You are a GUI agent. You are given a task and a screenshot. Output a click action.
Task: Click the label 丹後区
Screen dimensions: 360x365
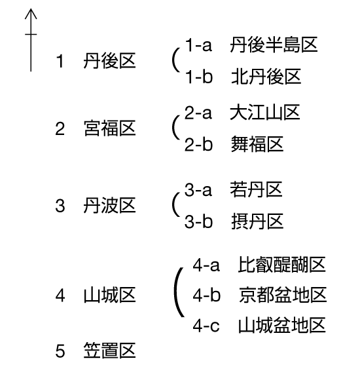coord(109,61)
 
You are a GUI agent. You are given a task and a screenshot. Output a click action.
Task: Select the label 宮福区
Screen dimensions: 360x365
coord(109,128)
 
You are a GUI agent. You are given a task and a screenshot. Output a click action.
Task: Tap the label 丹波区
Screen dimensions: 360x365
coord(109,206)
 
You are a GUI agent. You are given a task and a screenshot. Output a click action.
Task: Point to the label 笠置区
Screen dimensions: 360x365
coord(109,351)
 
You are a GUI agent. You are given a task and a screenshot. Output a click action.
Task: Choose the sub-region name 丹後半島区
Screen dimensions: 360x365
coord(274,45)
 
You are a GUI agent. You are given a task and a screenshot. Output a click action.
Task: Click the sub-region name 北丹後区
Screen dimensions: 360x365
coord(266,77)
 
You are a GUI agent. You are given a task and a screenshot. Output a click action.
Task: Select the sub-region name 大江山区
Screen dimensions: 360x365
coord(265,112)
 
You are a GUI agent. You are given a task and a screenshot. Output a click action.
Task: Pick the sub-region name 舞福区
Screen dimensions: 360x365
coord(257,144)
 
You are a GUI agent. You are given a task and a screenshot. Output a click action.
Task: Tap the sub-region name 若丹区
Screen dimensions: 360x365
coord(256,189)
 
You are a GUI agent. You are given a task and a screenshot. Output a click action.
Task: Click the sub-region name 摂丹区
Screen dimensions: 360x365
coord(257,221)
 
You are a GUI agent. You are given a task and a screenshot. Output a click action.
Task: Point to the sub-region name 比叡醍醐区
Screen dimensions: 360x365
coord(282,265)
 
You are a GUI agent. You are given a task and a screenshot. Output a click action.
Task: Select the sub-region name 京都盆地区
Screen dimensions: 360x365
coord(283,295)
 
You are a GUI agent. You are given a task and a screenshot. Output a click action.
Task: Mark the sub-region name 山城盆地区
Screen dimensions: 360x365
coord(282,325)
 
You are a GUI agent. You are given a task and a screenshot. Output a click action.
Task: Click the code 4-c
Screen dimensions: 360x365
coord(206,325)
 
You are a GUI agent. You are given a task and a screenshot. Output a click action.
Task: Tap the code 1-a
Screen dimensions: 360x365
coord(198,45)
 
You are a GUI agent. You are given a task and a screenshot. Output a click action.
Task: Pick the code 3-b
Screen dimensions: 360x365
coord(198,221)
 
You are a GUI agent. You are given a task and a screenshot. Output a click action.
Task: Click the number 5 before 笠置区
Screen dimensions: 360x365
coord(60,351)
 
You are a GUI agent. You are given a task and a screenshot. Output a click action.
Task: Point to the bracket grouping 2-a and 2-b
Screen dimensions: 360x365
coord(173,127)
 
